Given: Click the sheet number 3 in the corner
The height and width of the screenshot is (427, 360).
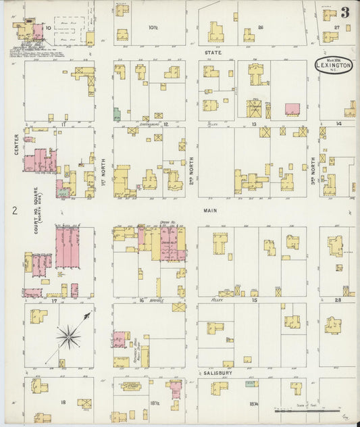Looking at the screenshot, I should click(x=344, y=12).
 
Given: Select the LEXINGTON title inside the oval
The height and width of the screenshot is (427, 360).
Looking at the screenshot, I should click(x=334, y=66).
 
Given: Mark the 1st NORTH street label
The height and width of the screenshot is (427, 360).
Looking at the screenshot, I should click(x=103, y=162).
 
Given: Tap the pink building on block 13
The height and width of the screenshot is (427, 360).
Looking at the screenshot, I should click(x=292, y=109).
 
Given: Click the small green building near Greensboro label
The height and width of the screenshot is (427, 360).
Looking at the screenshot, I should click(x=117, y=114).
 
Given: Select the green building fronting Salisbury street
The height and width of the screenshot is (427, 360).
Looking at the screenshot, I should click(x=251, y=384).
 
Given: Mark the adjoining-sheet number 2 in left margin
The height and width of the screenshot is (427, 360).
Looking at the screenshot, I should click(x=14, y=211).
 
